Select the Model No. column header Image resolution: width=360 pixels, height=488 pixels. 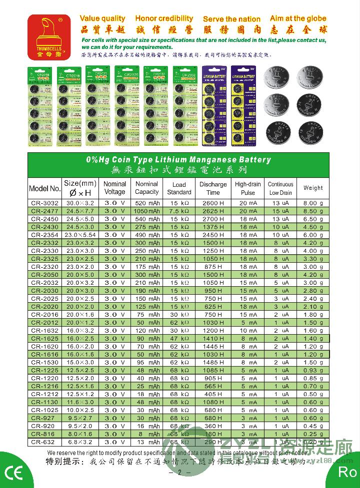tap(44, 188)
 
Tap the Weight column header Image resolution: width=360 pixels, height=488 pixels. tap(313, 188)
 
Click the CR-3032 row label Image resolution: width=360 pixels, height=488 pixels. tap(44, 203)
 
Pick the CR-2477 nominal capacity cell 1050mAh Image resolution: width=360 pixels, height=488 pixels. tap(147, 211)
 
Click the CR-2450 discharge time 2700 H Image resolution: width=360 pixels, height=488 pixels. tap(213, 219)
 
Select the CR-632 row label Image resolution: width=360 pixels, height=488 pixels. tap(44, 442)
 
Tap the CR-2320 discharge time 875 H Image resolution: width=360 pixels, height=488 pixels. tap(213, 267)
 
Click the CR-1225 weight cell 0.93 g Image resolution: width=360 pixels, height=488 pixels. tap(313, 370)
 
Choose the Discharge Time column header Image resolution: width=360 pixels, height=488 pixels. tap(213, 188)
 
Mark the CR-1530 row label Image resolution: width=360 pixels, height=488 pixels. tap(44, 362)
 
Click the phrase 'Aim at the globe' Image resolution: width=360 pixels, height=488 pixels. tap(298, 18)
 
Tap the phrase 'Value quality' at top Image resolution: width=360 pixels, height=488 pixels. tap(102, 18)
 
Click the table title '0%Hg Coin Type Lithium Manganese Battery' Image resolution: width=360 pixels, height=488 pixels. tap(178, 160)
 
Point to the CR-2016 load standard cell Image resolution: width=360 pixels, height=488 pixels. tap(179, 315)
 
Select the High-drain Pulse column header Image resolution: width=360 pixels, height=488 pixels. tap(248, 188)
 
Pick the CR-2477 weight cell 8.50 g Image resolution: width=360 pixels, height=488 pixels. tap(313, 211)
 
